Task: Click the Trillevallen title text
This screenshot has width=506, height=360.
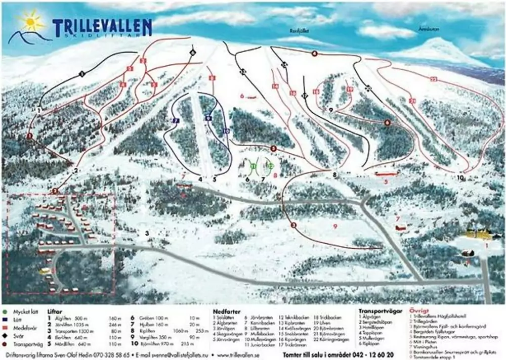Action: (101, 26)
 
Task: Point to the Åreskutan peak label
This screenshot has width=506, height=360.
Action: (429, 29)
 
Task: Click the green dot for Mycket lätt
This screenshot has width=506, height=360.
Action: (5, 312)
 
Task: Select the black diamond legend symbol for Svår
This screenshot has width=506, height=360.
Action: (5, 334)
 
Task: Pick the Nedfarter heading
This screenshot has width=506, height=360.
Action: (226, 312)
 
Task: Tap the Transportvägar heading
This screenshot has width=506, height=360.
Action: (376, 311)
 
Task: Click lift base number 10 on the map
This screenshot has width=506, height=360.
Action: (460, 178)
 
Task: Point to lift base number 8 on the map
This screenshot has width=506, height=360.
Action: (334, 175)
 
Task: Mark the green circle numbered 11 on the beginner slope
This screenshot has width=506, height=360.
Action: (253, 166)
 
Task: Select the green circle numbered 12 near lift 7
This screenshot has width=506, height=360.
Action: (271, 166)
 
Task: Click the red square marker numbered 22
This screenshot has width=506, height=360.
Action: (433, 79)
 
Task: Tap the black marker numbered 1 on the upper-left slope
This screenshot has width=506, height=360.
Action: (81, 74)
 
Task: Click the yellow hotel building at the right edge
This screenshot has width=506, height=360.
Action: (478, 234)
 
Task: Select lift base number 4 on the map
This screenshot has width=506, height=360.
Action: (200, 179)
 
